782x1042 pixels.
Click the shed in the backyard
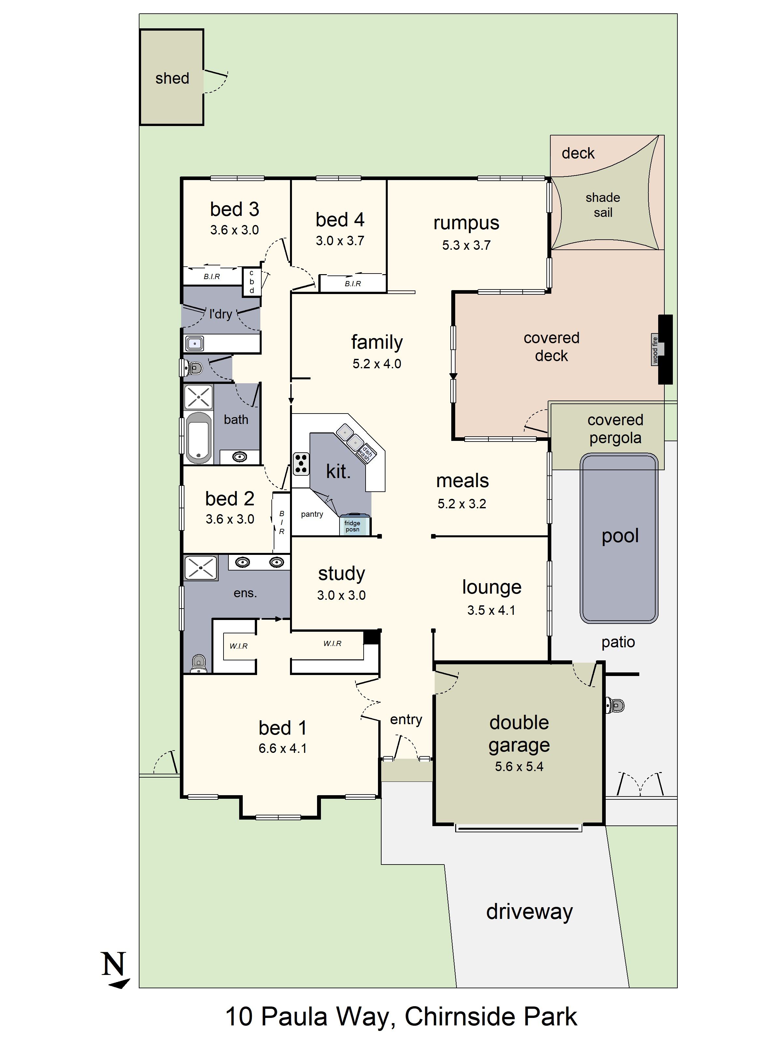[172, 78]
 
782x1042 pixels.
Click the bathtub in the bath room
[198, 438]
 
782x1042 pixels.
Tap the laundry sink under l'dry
[194, 344]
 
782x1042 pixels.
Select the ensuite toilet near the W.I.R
[198, 663]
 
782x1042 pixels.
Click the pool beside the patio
[619, 537]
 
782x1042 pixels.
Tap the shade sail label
[602, 204]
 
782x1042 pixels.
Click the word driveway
[529, 911]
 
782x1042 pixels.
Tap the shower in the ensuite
[200, 568]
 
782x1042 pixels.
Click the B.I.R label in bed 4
[353, 284]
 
